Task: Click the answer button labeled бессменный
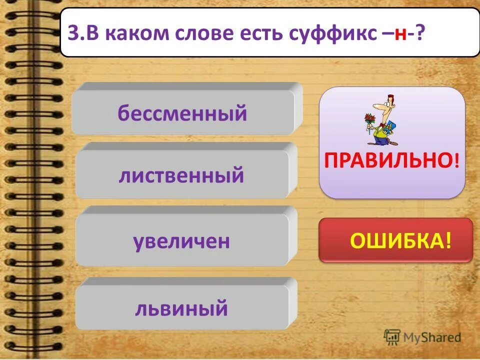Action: coord(183,113)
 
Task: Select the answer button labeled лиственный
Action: coord(181,176)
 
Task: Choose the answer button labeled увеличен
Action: coord(181,241)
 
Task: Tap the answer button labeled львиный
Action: coord(181,308)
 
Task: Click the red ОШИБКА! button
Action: coord(395,241)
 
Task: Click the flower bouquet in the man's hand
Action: coord(370,120)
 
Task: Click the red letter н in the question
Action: coord(399,35)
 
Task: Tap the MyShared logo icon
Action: coord(392,336)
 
